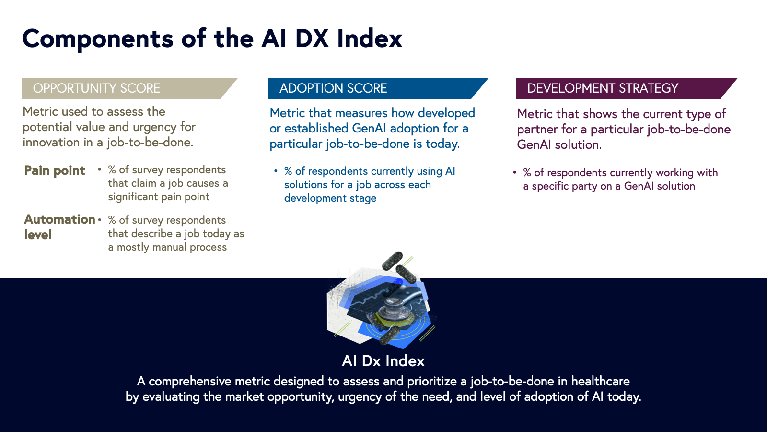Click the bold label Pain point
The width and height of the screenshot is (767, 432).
click(55, 170)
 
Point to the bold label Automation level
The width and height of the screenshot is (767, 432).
click(59, 227)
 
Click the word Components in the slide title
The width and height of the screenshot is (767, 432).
click(98, 39)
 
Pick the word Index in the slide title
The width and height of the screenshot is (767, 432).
click(370, 38)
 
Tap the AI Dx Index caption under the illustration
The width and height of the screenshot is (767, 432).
click(383, 360)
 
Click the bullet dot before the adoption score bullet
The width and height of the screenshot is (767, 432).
click(276, 171)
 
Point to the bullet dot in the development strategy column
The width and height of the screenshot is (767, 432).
click(515, 172)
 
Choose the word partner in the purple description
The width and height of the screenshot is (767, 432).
click(537, 129)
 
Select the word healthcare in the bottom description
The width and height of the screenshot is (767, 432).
click(600, 381)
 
